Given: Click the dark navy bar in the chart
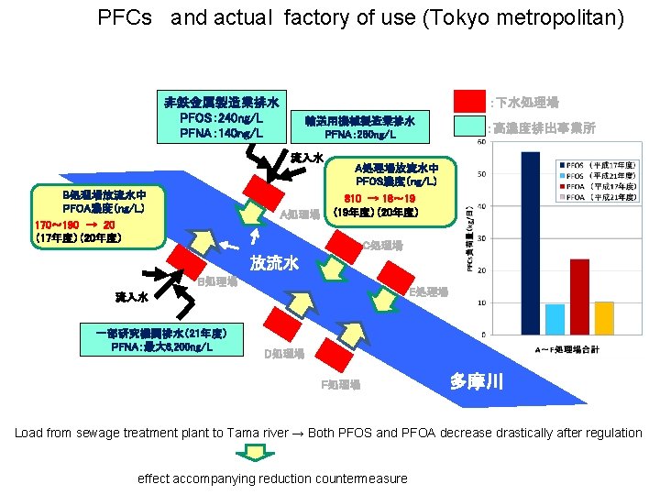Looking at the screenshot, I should (530, 242).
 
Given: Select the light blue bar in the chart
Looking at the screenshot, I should (555, 318).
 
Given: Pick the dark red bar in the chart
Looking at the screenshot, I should (579, 296).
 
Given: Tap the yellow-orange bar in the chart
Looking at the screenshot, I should (603, 317).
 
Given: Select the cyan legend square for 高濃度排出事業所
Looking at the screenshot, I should (470, 127).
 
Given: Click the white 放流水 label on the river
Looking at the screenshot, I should (275, 264).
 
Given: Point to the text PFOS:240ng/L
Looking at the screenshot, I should (221, 117).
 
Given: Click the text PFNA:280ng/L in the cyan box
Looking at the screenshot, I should (360, 136).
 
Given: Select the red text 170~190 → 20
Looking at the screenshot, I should (75, 225).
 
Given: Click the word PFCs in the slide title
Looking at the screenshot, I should (125, 17).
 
